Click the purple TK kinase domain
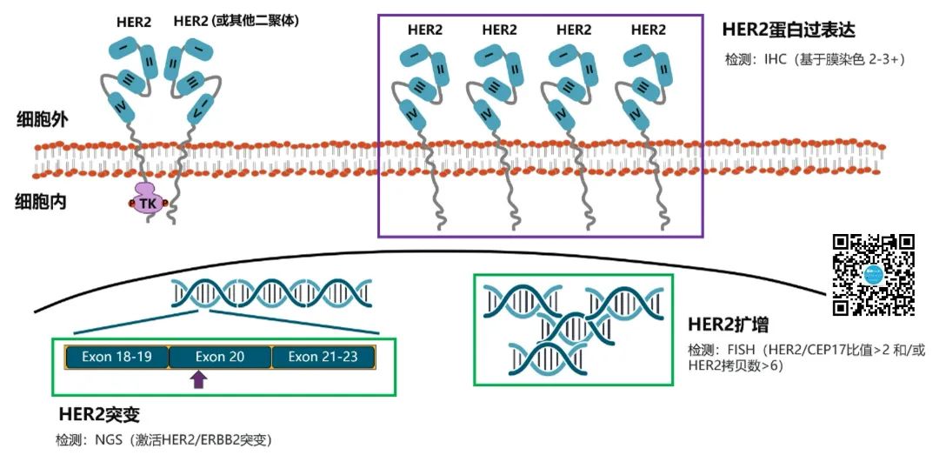(147, 202)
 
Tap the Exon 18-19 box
(117, 357)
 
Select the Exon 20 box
(219, 357)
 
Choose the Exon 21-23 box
(323, 357)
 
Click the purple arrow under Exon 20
(199, 378)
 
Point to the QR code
(874, 275)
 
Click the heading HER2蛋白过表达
(789, 30)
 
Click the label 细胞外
(37, 120)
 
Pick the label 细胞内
(37, 202)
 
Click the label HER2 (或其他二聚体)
(236, 20)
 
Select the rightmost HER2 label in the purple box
(648, 30)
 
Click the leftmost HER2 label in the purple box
(425, 30)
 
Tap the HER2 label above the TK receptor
(135, 21)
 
